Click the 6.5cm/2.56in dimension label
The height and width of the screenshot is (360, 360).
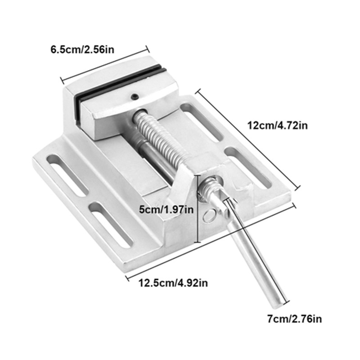[82, 49]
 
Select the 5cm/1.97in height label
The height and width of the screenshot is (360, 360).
[165, 208]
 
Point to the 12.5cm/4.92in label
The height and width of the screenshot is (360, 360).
[173, 283]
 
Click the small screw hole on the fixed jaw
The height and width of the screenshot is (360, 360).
[134, 96]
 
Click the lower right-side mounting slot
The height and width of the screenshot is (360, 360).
[247, 167]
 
